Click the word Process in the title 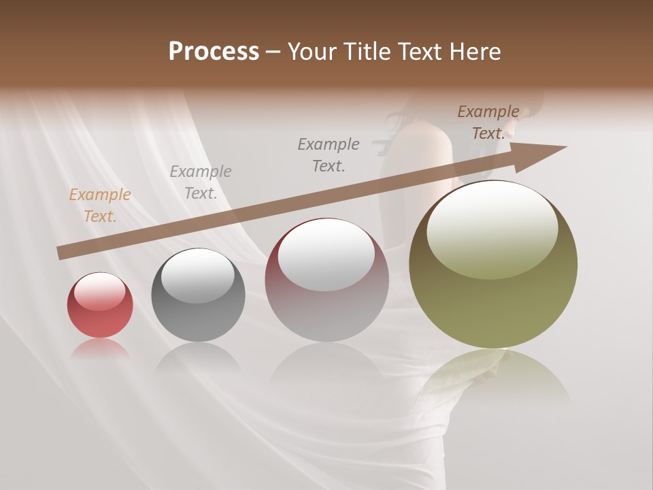214,52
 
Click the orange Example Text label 100,206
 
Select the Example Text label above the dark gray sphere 201,182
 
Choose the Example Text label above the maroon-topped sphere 329,154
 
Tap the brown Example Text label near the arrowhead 488,122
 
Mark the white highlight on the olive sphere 492,228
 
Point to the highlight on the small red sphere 100,291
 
